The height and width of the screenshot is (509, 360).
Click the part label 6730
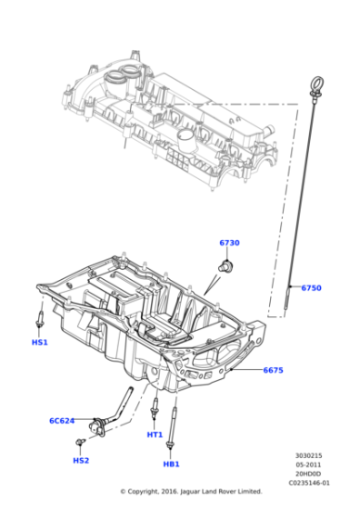pos(229,243)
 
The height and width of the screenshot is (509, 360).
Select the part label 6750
pos(310,288)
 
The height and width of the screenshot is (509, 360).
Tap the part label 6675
pos(274,370)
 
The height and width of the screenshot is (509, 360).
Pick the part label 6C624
pos(63,421)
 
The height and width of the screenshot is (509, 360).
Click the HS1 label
pos(39,342)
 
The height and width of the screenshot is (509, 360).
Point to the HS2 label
pos(81,461)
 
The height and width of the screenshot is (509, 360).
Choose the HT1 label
pos(155,434)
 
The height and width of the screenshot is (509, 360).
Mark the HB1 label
pos(171,464)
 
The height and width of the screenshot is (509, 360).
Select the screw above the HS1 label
pos(40,320)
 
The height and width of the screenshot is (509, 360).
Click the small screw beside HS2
pos(81,443)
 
